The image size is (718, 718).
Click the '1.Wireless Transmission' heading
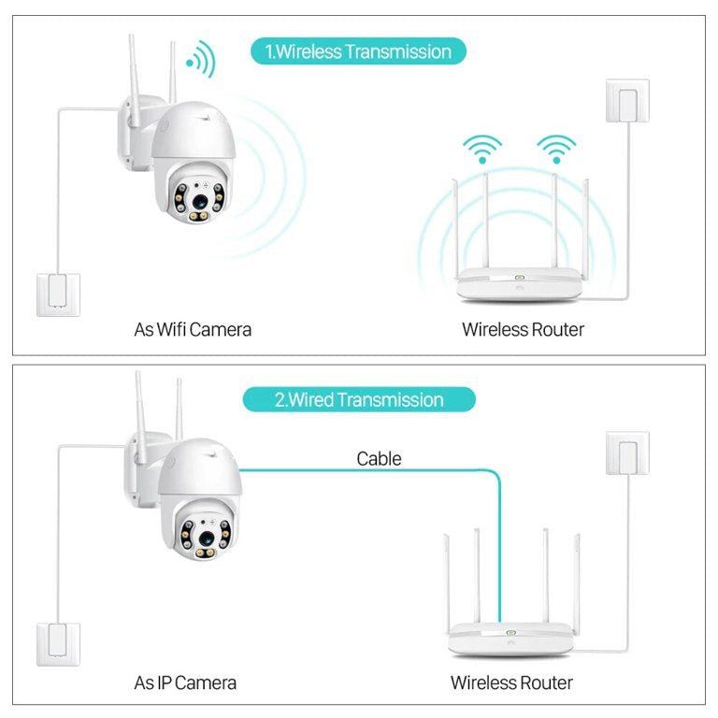(x=358, y=51)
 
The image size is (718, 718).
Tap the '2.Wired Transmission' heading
(x=359, y=400)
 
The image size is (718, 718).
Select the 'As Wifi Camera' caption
(x=193, y=329)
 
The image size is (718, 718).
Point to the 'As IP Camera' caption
(x=185, y=682)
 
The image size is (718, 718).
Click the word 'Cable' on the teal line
(x=379, y=458)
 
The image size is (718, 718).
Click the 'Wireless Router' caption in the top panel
(x=523, y=329)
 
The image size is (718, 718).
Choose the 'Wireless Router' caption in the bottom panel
(x=511, y=682)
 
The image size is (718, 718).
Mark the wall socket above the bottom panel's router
(x=626, y=453)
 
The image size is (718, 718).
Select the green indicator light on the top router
(x=518, y=278)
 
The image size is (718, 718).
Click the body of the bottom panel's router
(x=510, y=642)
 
